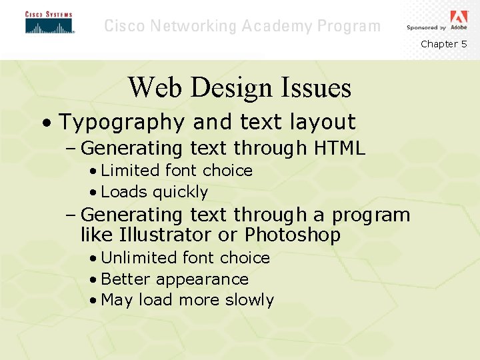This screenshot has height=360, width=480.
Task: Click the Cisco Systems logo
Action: (x=49, y=23)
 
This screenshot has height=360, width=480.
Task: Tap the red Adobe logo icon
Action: (x=459, y=17)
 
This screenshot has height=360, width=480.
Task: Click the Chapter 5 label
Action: (x=443, y=44)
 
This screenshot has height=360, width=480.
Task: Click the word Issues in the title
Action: (x=317, y=87)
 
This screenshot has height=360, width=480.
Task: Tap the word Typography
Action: (x=121, y=123)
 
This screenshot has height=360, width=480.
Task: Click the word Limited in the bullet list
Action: (x=129, y=171)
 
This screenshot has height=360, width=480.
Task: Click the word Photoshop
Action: (x=293, y=235)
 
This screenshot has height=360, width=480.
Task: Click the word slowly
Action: (x=249, y=300)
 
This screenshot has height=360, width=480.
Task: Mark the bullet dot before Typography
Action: (x=45, y=123)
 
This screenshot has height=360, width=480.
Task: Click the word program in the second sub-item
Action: (x=371, y=216)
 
